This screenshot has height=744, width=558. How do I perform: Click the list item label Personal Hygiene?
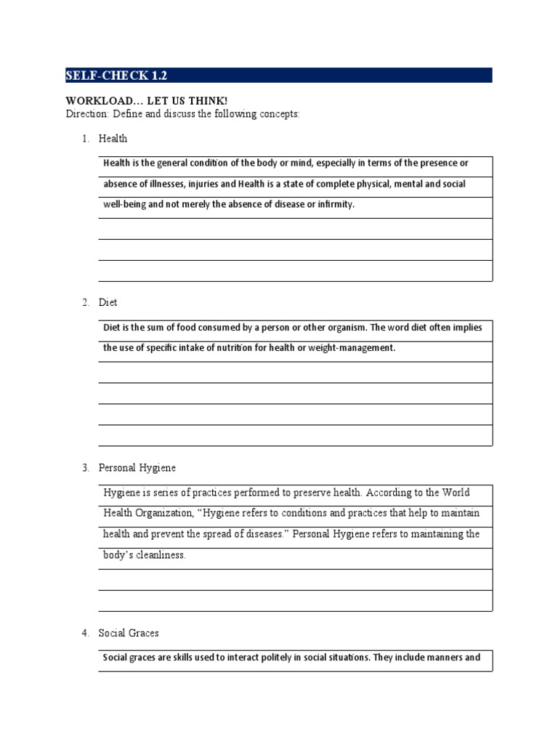click(137, 467)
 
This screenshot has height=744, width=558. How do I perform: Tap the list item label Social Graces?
click(129, 633)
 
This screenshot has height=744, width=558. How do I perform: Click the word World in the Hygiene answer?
click(464, 493)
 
